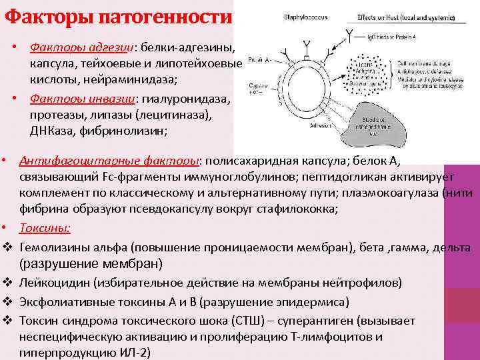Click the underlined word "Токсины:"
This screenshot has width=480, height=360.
(45, 228)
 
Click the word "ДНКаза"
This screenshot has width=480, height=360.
(51, 129)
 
